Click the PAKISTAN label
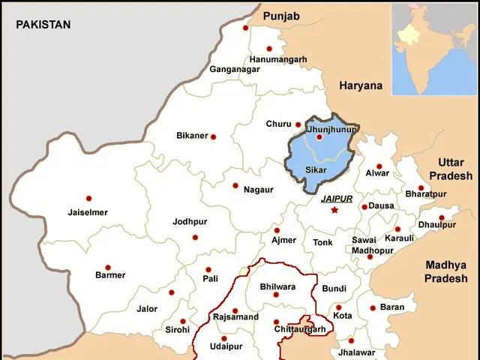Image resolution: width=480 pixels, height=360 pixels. [43, 25]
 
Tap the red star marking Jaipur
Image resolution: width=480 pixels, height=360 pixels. [335, 210]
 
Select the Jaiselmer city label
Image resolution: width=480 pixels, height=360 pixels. [88, 212]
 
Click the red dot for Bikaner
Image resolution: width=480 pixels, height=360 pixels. [213, 136]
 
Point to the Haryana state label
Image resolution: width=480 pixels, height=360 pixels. [361, 85]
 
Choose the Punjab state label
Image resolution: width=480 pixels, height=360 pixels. [281, 16]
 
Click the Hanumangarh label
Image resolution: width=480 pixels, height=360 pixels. [278, 59]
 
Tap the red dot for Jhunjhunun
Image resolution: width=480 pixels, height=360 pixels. [319, 137]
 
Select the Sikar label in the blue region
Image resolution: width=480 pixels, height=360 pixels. [316, 172]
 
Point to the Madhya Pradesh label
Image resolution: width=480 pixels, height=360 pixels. [445, 271]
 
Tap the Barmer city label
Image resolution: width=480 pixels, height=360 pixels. [110, 275]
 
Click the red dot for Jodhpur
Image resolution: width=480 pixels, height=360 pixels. [195, 237]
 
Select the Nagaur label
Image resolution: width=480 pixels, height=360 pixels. [258, 190]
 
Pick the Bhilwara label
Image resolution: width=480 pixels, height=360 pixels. [277, 286]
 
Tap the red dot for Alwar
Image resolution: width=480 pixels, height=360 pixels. [379, 166]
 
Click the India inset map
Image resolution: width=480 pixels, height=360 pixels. [435, 49]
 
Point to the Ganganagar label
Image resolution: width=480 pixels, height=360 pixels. [235, 69]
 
